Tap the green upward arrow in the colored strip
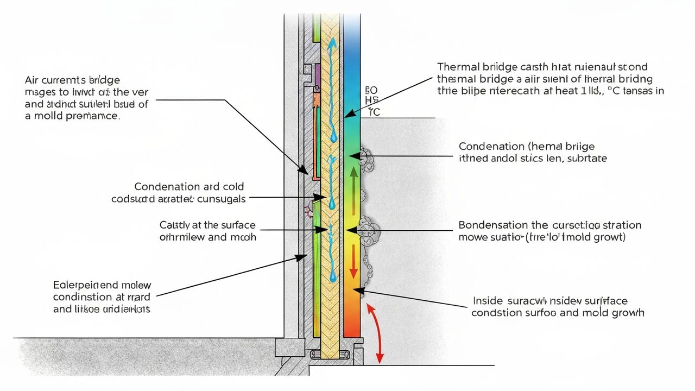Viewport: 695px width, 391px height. tap(353, 190)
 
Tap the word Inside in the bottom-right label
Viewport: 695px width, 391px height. tap(488, 301)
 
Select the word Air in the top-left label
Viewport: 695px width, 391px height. tap(33, 79)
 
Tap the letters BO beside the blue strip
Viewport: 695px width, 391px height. tap(371, 90)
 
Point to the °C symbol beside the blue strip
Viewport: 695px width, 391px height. tap(374, 112)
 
